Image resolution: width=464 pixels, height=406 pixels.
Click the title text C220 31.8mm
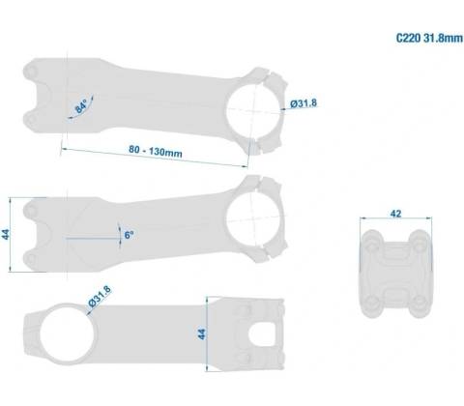429,38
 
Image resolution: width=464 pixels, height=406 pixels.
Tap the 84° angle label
81,106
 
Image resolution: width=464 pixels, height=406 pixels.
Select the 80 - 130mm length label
156,151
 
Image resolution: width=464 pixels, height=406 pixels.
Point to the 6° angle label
129,235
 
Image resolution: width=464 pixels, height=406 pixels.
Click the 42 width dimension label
395,214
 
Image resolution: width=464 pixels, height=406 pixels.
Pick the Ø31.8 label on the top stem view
304,103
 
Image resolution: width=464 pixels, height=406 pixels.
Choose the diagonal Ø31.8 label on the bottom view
100,297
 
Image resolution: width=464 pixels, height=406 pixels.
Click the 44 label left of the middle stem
6,234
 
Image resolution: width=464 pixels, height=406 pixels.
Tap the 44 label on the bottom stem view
201,334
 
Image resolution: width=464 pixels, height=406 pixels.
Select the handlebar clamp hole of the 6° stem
253,219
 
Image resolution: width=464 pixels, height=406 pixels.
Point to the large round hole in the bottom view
68,333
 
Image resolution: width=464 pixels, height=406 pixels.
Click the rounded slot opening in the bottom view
262,333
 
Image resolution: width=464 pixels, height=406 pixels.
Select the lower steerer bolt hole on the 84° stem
31,120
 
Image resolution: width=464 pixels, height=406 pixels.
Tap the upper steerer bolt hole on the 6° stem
31,211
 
